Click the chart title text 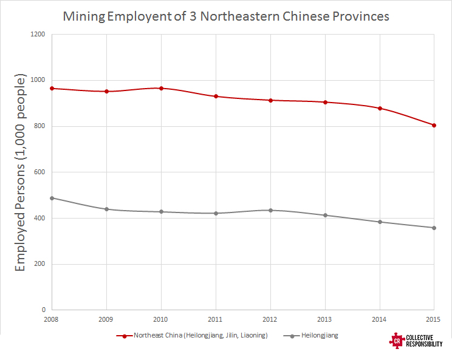(x=226, y=16)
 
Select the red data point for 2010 (x=161, y=88)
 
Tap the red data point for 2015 (x=434, y=125)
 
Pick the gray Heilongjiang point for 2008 (x=52, y=198)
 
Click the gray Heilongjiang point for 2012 (x=270, y=210)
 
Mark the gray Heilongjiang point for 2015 (x=434, y=228)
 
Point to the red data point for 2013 (x=325, y=102)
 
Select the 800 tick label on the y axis (x=40, y=126)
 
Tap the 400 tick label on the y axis (x=40, y=218)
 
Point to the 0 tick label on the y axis (x=44, y=310)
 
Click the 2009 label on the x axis (x=106, y=319)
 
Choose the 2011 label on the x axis (x=216, y=319)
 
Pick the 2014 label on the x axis (x=379, y=319)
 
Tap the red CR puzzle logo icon (x=397, y=341)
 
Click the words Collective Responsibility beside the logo (x=425, y=342)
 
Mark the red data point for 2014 (x=380, y=108)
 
